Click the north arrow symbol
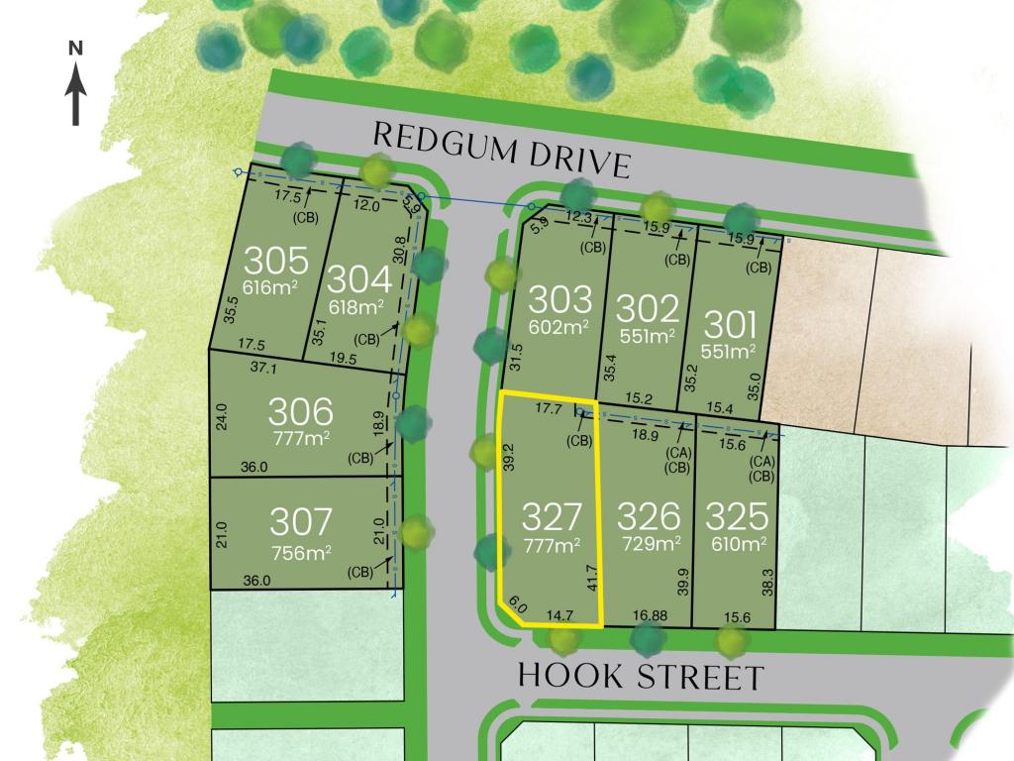point(76,87)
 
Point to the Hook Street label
point(642,677)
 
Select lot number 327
point(551,516)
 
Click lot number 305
point(276,261)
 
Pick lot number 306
point(302,409)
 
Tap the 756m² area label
point(302,551)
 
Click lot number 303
point(560,298)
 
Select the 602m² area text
point(560,328)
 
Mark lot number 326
point(649,516)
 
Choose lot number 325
point(737,516)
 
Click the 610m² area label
point(737,543)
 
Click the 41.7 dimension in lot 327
point(592,579)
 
